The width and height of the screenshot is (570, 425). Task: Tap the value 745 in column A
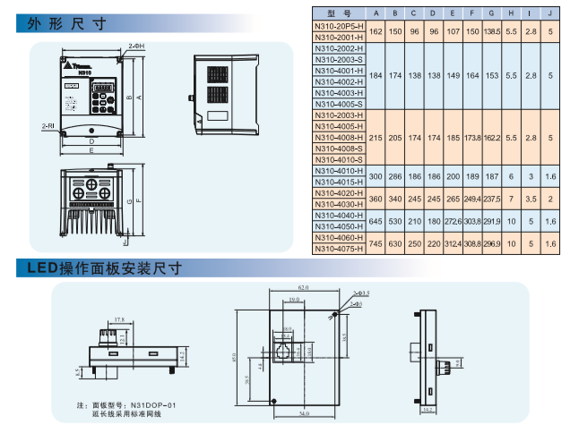[x=376, y=243]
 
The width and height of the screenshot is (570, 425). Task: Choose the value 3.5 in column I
[x=531, y=199]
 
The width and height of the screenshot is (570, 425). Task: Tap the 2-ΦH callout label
[x=135, y=45]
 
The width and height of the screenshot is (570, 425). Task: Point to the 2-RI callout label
[x=47, y=127]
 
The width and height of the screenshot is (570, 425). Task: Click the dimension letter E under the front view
[x=92, y=151]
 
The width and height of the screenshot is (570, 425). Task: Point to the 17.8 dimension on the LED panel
[x=119, y=319]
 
